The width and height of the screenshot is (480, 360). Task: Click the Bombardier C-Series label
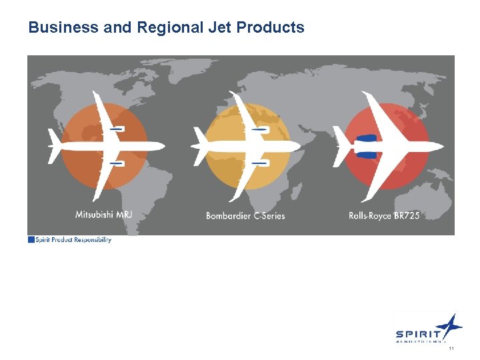(x=245, y=215)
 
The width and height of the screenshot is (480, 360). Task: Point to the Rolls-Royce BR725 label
(x=384, y=215)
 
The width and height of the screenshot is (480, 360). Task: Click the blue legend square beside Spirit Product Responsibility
(x=31, y=240)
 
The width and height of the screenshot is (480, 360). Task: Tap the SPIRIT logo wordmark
(x=418, y=335)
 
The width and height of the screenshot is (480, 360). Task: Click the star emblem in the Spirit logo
(x=451, y=326)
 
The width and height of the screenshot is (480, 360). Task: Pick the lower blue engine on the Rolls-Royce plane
(x=367, y=154)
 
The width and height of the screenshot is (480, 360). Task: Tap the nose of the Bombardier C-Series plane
(x=299, y=145)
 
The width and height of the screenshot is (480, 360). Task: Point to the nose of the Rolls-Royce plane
(x=442, y=146)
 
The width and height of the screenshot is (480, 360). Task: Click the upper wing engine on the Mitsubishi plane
(x=116, y=128)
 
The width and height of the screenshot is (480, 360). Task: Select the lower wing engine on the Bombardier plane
(x=259, y=162)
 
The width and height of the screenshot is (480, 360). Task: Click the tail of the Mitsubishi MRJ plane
(x=53, y=145)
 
